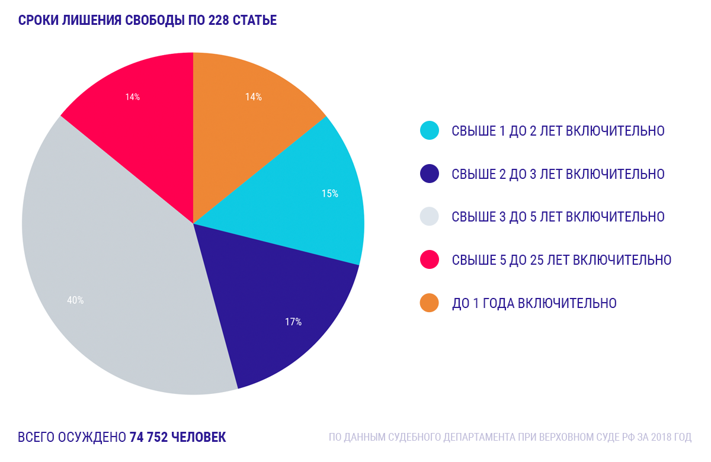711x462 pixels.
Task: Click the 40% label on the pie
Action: pyautogui.click(x=75, y=300)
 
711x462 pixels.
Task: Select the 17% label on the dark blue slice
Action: pyautogui.click(x=293, y=322)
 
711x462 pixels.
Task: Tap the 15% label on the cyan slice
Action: pyautogui.click(x=330, y=194)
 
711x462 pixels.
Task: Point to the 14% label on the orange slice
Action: pyautogui.click(x=254, y=97)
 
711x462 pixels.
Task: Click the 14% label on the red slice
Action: pyautogui.click(x=132, y=97)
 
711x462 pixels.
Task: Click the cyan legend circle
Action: pyautogui.click(x=429, y=130)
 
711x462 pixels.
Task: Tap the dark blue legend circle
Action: pyautogui.click(x=429, y=174)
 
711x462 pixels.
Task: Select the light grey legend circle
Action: pyautogui.click(x=429, y=217)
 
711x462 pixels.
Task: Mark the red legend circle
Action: pyautogui.click(x=429, y=259)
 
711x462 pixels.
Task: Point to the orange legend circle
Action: pyautogui.click(x=429, y=303)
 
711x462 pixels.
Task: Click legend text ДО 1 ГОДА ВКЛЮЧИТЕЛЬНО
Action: pyautogui.click(x=534, y=303)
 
